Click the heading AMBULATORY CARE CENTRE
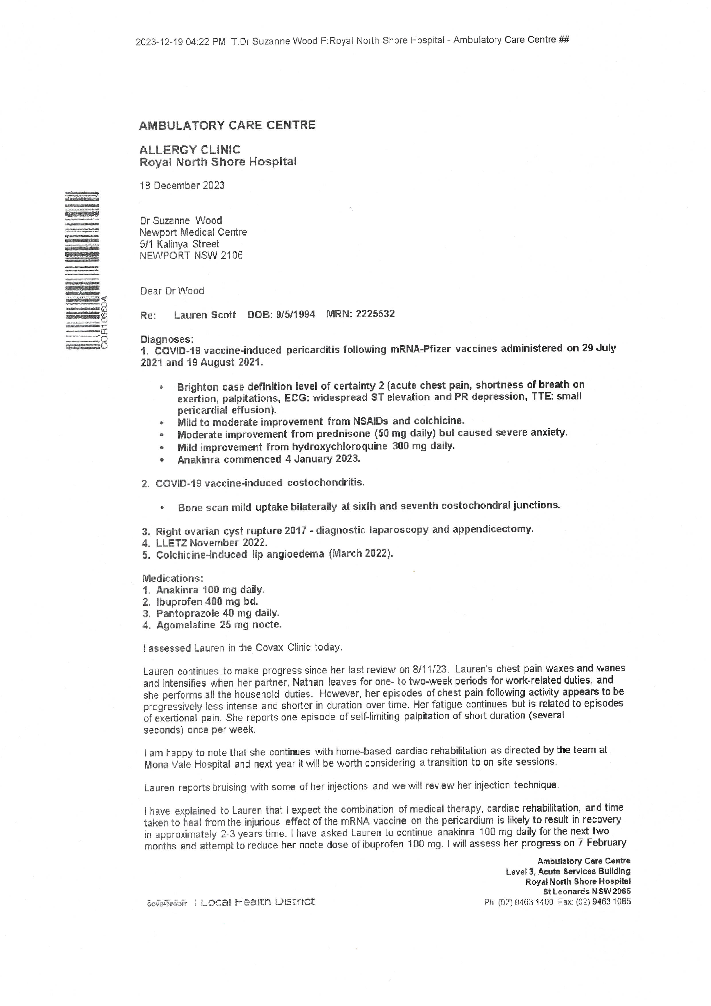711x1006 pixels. pyautogui.click(x=227, y=125)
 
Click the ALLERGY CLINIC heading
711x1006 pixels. pyautogui.click(x=190, y=150)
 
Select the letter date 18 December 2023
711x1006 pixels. pyautogui.click(x=182, y=185)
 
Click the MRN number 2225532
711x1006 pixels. pyautogui.click(x=375, y=314)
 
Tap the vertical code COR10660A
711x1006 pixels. pyautogui.click(x=104, y=322)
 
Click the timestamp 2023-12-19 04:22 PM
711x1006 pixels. pyautogui.click(x=181, y=42)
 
